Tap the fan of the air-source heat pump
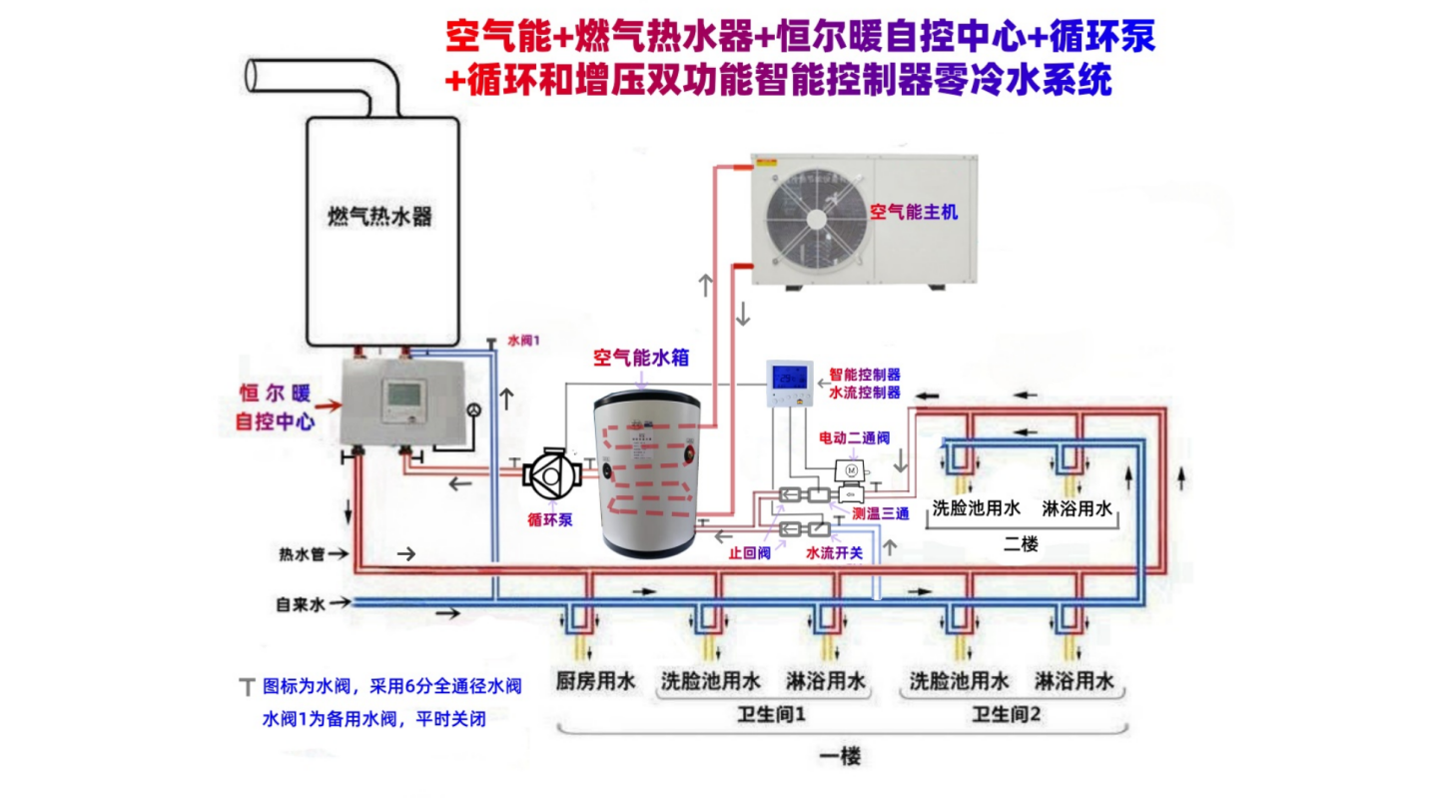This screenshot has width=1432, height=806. click(815, 221)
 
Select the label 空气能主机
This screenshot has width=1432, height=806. click(913, 212)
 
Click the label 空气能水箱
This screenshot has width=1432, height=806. click(640, 358)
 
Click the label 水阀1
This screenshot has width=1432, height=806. click(523, 340)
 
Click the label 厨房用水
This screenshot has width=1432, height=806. click(595, 682)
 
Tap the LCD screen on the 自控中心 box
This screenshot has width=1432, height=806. click(404, 395)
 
